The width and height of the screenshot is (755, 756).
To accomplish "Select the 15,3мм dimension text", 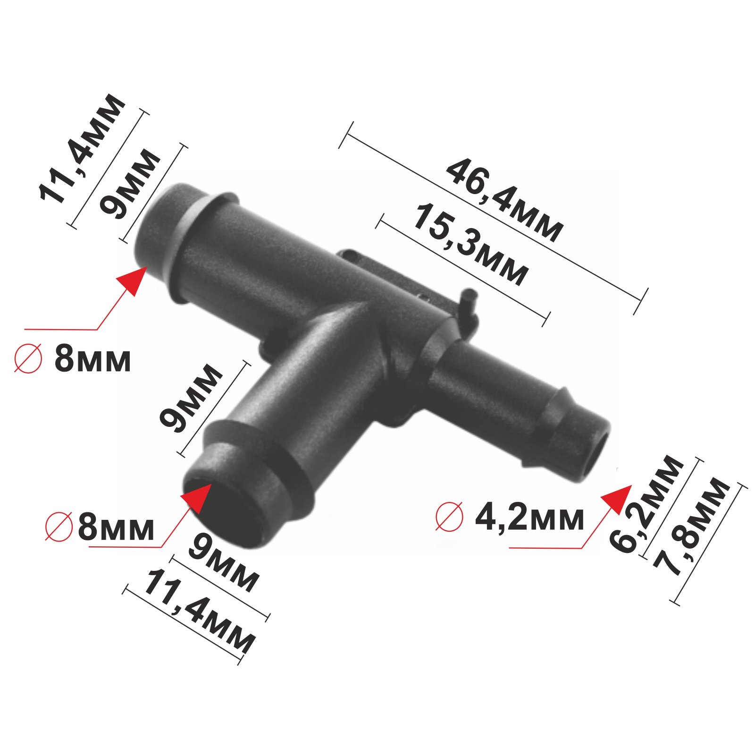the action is [470, 245].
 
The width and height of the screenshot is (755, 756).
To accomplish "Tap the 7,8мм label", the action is [691, 527].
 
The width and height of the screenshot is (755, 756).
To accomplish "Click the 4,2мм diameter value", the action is [529, 518].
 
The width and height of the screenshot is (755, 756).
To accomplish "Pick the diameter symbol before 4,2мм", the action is [449, 516].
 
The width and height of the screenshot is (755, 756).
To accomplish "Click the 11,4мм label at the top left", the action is [82, 148].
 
